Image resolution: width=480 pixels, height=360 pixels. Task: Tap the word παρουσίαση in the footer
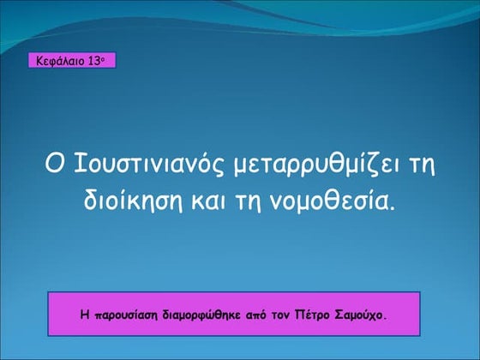pyautogui.click(x=123, y=315)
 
